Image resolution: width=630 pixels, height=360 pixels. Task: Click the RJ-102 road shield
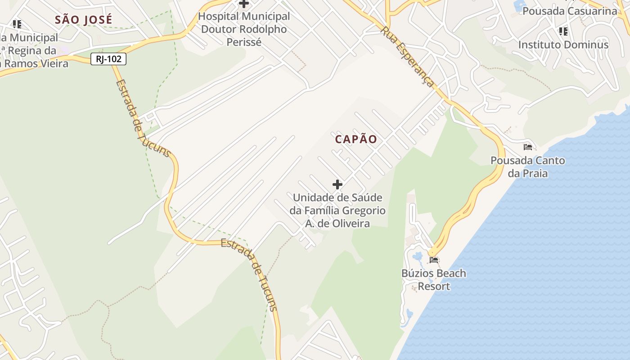(108, 59)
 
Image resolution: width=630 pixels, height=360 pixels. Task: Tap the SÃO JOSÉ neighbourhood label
(83, 20)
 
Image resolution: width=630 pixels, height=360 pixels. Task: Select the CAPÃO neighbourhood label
(356, 139)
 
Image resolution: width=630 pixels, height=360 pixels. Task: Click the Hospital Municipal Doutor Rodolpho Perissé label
(244, 29)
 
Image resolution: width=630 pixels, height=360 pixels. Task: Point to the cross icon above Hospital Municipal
(244, 4)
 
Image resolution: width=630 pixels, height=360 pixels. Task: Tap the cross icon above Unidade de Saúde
(337, 184)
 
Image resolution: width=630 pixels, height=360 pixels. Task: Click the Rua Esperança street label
(408, 57)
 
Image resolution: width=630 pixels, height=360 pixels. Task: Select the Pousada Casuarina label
(570, 11)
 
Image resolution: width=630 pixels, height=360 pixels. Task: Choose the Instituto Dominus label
(563, 45)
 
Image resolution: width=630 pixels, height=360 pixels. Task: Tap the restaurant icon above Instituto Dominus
(563, 31)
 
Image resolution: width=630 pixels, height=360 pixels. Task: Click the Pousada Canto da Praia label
(528, 166)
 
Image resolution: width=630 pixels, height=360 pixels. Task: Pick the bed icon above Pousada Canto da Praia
(528, 147)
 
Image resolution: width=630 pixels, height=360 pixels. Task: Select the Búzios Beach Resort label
(434, 279)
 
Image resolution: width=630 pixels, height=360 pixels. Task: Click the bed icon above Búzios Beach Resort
(434, 260)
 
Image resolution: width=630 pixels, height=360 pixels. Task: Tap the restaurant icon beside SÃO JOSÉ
(17, 24)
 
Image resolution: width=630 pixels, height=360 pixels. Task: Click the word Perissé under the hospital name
(244, 42)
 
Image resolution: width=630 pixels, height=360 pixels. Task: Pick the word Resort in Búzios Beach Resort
(434, 286)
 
